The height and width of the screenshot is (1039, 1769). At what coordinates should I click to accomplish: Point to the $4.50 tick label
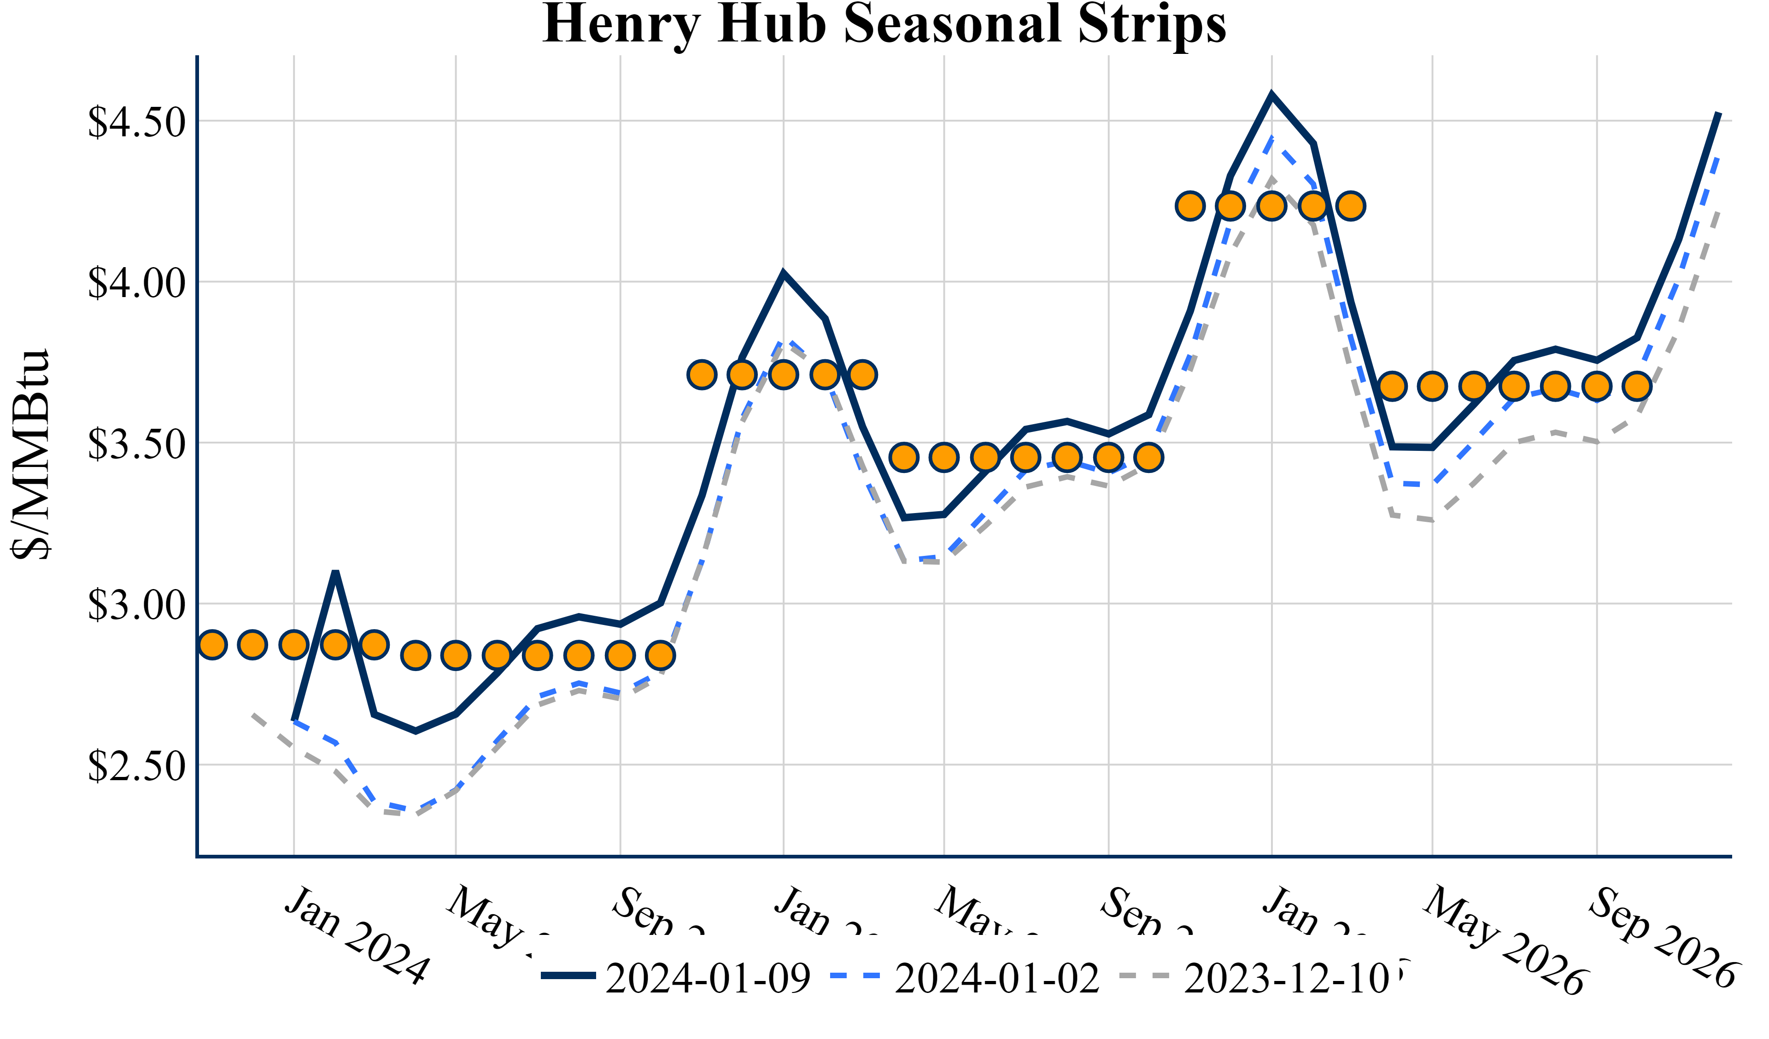pos(136,122)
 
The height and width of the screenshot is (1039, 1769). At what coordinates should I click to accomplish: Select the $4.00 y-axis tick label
pos(136,282)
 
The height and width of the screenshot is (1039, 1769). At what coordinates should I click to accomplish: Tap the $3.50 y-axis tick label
pos(136,443)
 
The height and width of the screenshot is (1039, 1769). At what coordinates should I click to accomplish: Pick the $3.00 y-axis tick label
pos(136,604)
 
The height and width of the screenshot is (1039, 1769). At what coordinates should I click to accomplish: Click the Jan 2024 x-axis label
pos(356,936)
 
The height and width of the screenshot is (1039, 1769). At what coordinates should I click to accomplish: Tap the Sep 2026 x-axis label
pos(1662,937)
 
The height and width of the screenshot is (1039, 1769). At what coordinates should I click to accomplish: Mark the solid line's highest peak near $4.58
pos(1272,95)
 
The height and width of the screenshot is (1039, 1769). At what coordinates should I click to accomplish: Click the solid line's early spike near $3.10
pos(335,573)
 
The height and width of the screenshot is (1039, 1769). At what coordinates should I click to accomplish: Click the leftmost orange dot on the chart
pos(212,644)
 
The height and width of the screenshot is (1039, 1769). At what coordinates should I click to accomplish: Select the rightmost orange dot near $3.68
pos(1638,386)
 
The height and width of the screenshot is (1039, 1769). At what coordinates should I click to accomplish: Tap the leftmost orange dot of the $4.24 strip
pos(1190,206)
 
